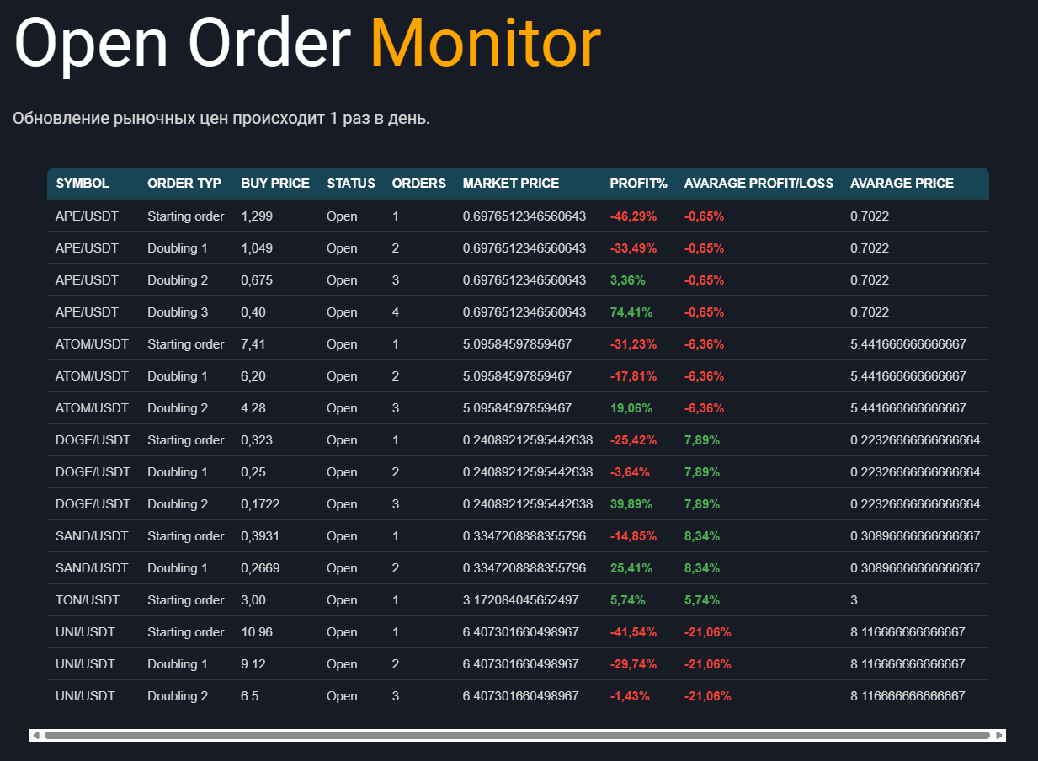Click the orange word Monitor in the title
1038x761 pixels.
click(485, 44)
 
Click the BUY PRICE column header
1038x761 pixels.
click(275, 184)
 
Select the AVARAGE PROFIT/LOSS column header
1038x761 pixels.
click(759, 184)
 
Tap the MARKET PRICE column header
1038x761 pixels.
click(511, 184)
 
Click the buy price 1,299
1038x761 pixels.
click(257, 216)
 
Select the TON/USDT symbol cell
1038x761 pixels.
click(88, 600)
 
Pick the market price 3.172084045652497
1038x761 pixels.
click(521, 600)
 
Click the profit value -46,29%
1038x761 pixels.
click(633, 216)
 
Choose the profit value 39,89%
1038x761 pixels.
click(631, 504)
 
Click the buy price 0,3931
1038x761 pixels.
click(260, 536)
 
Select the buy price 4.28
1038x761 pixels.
click(253, 408)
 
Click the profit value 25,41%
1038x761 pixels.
click(631, 568)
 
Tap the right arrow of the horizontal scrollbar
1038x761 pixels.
click(999, 735)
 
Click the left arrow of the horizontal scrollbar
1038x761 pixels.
click(35, 735)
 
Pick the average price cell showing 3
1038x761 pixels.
click(854, 600)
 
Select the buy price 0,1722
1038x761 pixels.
click(260, 504)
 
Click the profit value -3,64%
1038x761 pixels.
click(630, 472)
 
